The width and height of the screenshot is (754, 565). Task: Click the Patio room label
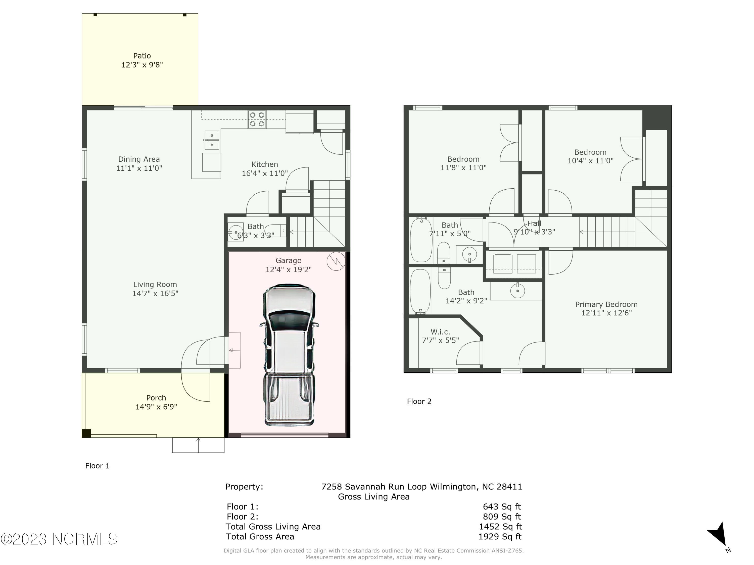pyautogui.click(x=142, y=56)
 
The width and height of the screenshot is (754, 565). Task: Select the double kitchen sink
pyautogui.click(x=212, y=140)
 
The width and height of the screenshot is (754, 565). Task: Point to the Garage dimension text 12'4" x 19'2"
pyautogui.click(x=288, y=269)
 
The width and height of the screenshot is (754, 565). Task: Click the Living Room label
pyautogui.click(x=155, y=284)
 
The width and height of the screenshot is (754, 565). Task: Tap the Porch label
pyautogui.click(x=156, y=398)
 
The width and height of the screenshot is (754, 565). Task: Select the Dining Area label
pyautogui.click(x=139, y=159)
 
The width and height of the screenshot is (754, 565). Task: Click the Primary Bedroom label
pyautogui.click(x=606, y=304)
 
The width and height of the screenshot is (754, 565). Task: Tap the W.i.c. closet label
pyautogui.click(x=440, y=332)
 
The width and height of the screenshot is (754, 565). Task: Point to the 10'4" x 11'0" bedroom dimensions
pyautogui.click(x=590, y=161)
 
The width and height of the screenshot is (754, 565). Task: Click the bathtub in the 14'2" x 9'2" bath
pyautogui.click(x=420, y=292)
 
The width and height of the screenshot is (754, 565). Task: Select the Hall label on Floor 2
pyautogui.click(x=534, y=224)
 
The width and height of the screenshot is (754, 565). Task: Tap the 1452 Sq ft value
pyautogui.click(x=500, y=527)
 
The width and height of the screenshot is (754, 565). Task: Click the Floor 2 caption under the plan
pyautogui.click(x=419, y=402)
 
